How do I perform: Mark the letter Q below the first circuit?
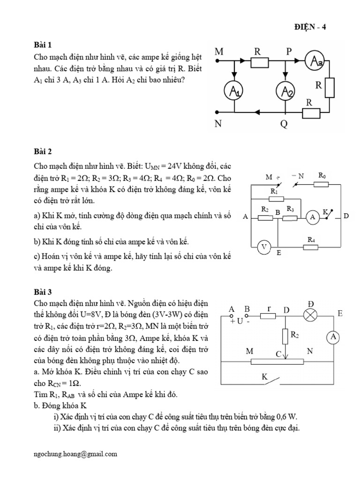coord(284,125)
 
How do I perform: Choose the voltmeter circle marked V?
coord(264,247)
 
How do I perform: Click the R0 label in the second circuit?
coord(322,175)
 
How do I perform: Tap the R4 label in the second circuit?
coord(311,240)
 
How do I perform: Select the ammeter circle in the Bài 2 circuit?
coord(312,217)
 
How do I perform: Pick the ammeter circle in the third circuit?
coord(332,337)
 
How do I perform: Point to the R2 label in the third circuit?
coord(295,335)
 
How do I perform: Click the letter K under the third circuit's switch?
coord(264,376)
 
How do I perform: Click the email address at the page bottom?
coord(75,454)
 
